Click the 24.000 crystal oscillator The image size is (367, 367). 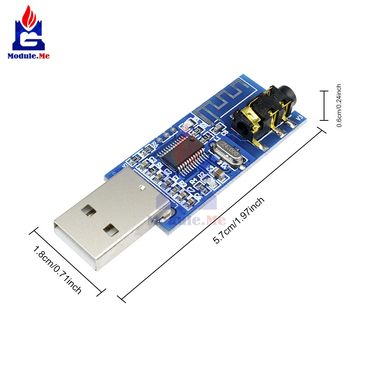tap(226, 153)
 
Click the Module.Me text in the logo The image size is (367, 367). tap(28, 56)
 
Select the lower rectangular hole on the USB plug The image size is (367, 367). tap(110, 230)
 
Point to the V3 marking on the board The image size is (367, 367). tap(299, 118)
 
